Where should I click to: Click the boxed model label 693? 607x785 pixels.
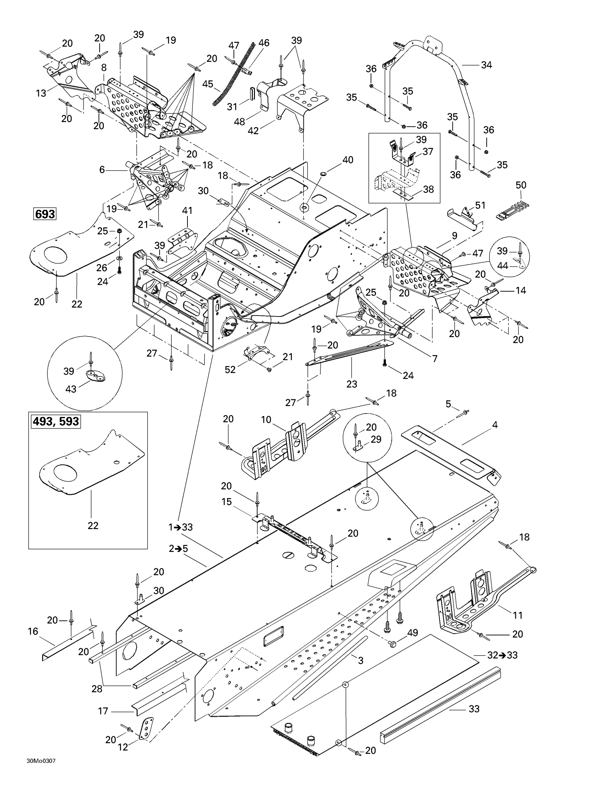click(x=45, y=214)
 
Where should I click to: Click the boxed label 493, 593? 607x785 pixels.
click(x=56, y=421)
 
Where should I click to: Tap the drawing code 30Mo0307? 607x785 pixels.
click(x=41, y=771)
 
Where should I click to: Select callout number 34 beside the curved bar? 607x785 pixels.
click(x=487, y=65)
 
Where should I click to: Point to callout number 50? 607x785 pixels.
click(x=521, y=185)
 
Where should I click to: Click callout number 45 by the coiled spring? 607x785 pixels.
click(x=207, y=84)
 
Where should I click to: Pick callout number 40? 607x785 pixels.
click(x=348, y=159)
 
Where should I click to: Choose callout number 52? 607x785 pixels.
click(x=230, y=369)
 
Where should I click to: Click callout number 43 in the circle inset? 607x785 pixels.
click(x=71, y=389)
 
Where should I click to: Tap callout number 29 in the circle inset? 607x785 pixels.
click(x=376, y=439)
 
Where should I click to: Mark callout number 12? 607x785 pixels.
click(x=123, y=747)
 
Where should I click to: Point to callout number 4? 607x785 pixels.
click(x=495, y=425)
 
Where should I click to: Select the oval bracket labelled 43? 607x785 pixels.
click(x=96, y=376)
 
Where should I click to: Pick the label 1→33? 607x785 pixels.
click(x=181, y=527)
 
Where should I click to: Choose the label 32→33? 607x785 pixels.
click(x=502, y=655)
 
